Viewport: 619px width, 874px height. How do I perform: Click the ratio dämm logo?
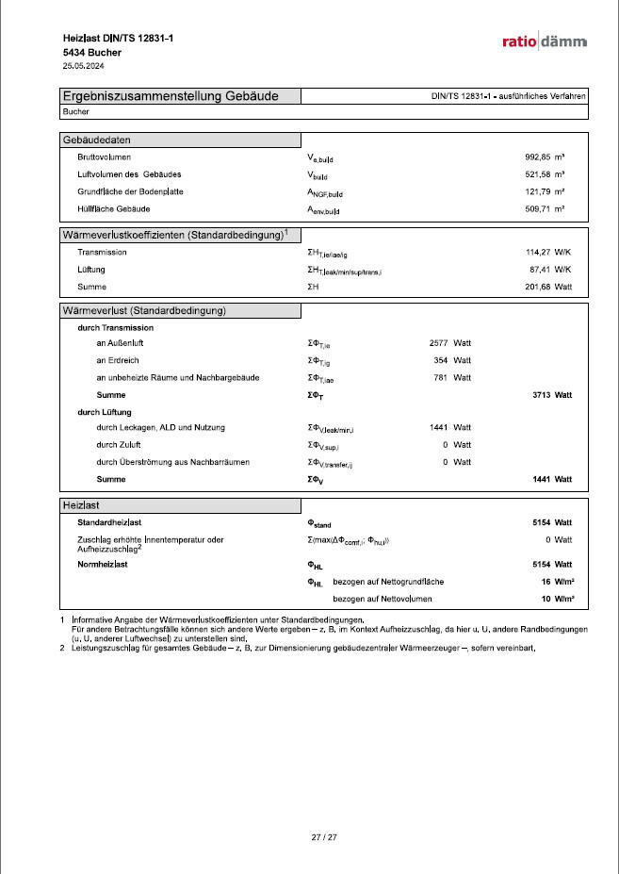(545, 41)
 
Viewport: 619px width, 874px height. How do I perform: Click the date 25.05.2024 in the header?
(83, 67)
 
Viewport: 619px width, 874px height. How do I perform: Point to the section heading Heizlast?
(83, 505)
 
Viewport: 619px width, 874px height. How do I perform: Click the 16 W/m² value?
(557, 582)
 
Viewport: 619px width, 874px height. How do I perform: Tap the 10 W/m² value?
(557, 599)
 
